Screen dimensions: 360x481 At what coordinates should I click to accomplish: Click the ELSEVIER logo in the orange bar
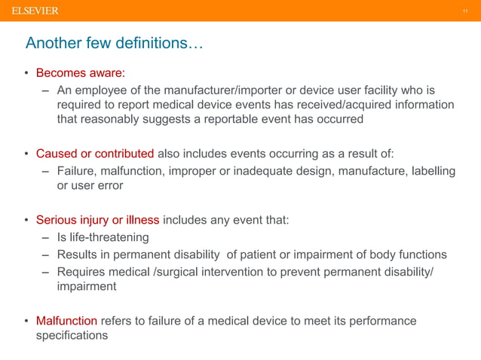tap(35, 10)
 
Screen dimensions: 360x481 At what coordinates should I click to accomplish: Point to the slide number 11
tap(466, 11)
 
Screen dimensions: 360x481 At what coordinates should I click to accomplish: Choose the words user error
tap(90, 185)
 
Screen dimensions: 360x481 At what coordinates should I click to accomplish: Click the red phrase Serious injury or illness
tap(97, 220)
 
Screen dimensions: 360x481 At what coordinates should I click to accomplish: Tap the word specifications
tap(72, 335)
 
